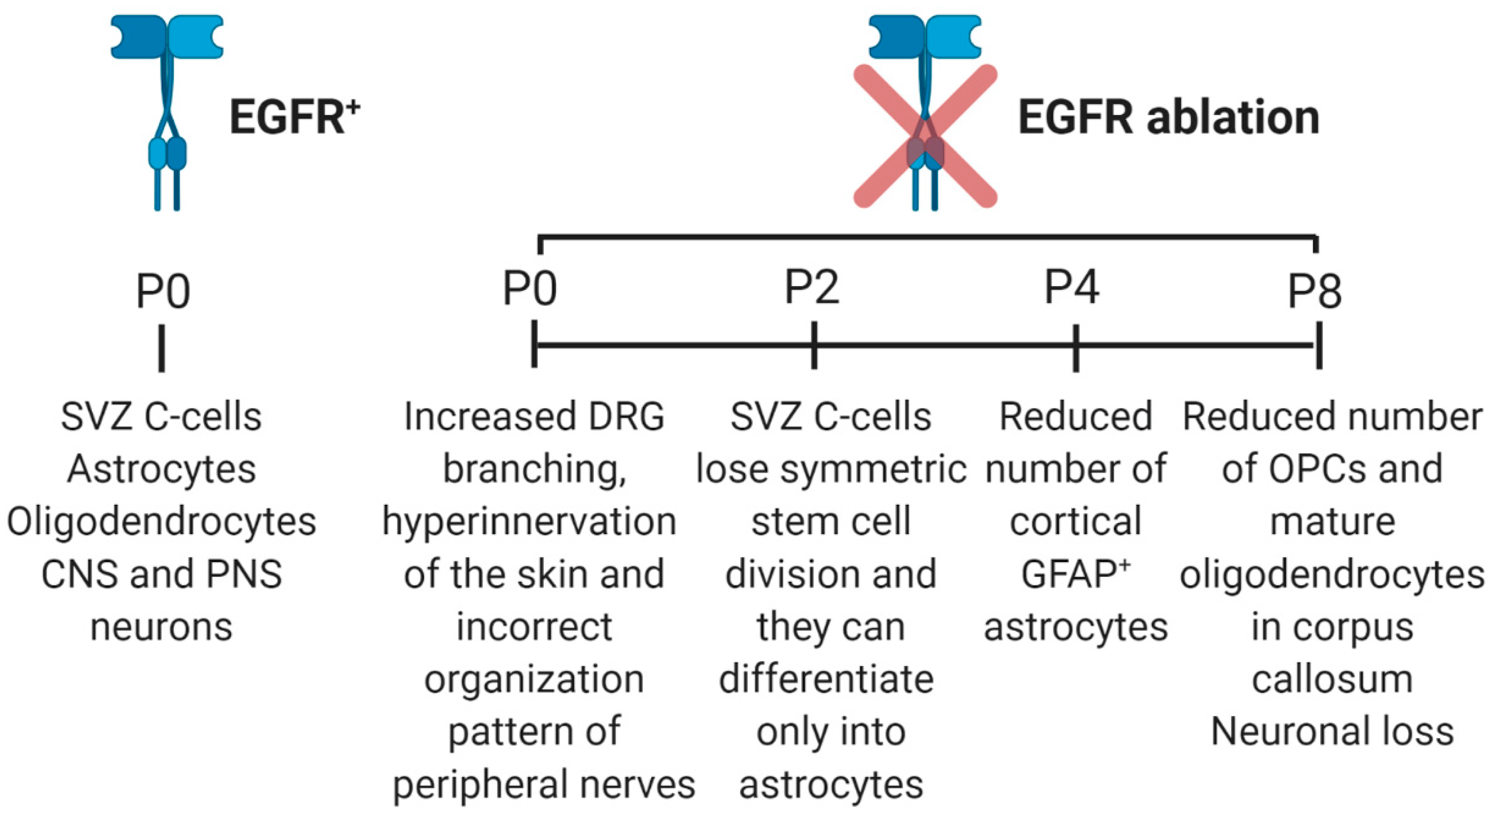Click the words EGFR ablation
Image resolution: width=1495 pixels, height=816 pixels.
1168,118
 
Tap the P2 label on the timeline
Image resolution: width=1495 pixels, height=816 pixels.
812,288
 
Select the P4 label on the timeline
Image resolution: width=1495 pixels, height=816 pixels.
1071,288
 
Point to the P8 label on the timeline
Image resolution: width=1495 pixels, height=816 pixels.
1315,292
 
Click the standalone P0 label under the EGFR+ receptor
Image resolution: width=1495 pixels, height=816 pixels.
163,292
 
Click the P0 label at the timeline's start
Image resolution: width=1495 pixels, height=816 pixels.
529,289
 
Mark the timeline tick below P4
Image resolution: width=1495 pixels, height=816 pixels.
1076,347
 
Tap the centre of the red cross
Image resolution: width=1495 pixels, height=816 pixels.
926,137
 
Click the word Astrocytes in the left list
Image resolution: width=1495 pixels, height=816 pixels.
161,469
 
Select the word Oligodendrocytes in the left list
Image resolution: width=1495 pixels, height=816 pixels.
161,521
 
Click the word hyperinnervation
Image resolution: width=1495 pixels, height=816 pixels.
529,521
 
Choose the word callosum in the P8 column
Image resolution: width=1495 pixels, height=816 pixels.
1332,679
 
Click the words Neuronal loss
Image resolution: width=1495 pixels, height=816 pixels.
1332,731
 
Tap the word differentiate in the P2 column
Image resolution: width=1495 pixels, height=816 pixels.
826,679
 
